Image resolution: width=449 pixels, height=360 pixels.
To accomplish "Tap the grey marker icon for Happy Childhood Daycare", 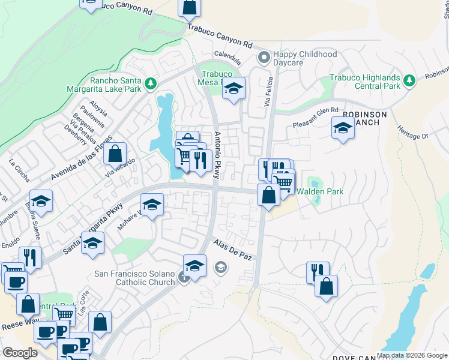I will click(x=262, y=58).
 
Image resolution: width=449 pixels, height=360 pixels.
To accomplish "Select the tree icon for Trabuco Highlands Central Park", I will click(x=409, y=81).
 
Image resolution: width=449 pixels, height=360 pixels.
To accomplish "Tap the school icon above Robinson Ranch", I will click(x=343, y=127).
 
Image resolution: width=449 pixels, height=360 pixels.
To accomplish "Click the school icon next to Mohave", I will click(x=152, y=205).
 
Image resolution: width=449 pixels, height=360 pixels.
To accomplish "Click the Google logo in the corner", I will click(x=20, y=353).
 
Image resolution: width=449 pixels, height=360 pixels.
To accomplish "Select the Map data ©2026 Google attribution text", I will click(x=412, y=355).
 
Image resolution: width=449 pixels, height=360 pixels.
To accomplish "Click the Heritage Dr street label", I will click(x=412, y=133).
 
